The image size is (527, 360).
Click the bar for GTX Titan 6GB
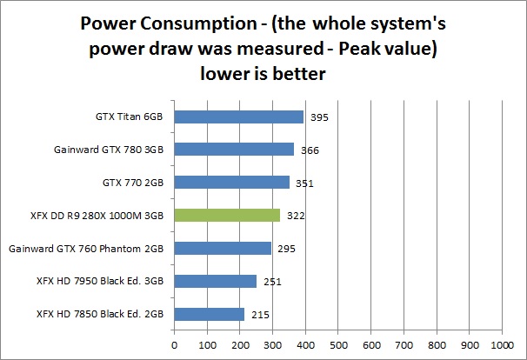point(239,117)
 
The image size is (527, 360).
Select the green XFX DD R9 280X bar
point(227,215)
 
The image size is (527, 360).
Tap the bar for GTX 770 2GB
point(232,182)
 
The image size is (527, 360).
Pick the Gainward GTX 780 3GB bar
point(234,150)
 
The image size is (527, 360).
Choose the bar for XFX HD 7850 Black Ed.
point(210,314)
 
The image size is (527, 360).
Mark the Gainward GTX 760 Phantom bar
point(223,248)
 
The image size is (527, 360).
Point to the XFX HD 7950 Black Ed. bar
point(216,281)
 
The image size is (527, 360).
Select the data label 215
point(258,315)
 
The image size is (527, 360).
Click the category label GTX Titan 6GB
point(130,117)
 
